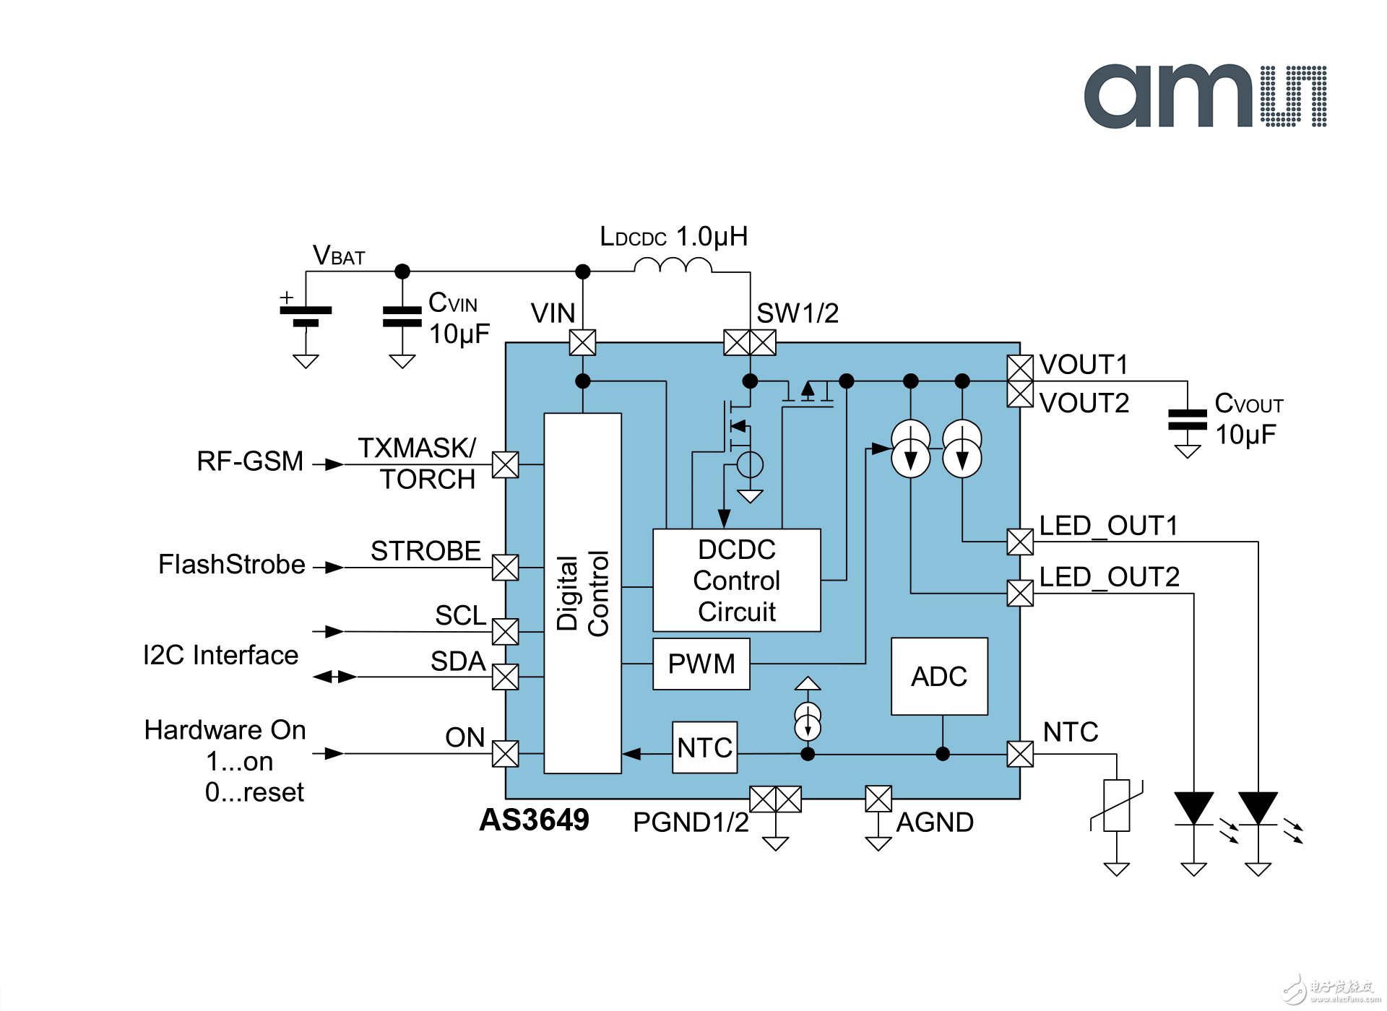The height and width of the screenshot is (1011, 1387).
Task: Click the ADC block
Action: coord(939,676)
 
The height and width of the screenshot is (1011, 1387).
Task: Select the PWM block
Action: coord(701,664)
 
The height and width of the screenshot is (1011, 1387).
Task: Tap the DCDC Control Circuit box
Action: coord(736,580)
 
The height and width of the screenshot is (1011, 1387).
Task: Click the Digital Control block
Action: coord(582,593)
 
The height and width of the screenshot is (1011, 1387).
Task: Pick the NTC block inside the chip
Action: coord(704,747)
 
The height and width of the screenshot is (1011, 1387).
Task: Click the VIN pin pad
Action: coord(582,342)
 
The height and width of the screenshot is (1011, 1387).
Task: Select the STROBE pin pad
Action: coord(505,567)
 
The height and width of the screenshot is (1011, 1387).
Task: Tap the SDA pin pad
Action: coord(505,677)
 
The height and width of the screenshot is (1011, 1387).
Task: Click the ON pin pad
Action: coord(505,753)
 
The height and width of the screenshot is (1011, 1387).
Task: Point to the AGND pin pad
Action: coord(878,799)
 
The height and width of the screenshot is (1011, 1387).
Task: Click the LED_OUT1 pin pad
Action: coord(1020,542)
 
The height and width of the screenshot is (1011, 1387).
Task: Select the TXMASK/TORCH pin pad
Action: coord(505,464)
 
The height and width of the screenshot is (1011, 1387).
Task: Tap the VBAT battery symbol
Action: coord(306,316)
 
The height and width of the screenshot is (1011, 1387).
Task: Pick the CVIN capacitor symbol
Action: coord(402,316)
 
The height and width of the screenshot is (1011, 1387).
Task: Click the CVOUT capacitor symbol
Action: coord(1187,419)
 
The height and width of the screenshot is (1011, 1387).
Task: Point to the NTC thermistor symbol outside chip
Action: coord(1117,805)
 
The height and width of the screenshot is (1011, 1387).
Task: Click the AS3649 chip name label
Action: coord(534,820)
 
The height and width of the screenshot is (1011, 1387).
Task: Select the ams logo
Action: coord(1204,96)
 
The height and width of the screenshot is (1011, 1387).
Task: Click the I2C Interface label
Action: coord(220,655)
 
